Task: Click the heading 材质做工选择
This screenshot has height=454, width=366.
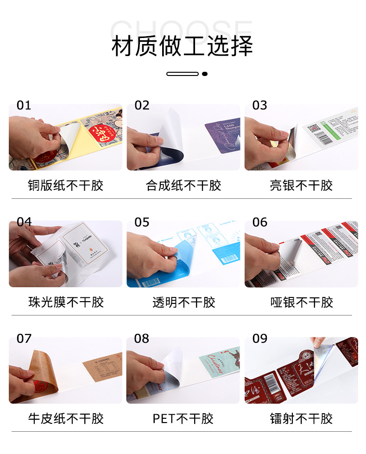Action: [183, 47]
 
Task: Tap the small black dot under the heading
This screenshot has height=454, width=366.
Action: [205, 74]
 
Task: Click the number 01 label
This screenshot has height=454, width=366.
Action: [24, 106]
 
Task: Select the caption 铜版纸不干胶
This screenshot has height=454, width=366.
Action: [65, 186]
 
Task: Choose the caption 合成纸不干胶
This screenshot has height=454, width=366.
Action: [183, 186]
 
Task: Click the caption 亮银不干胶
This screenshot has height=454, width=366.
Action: [301, 186]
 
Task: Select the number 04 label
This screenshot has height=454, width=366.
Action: [24, 222]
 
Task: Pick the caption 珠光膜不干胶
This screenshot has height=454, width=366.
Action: [65, 303]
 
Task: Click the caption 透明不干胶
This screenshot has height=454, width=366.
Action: [183, 303]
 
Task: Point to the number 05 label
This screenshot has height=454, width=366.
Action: [142, 222]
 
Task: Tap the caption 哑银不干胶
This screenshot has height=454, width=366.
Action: [301, 303]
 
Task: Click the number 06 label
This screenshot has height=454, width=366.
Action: [259, 222]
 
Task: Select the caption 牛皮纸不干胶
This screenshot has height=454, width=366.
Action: [65, 419]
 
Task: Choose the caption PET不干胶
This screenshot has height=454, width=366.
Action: [183, 419]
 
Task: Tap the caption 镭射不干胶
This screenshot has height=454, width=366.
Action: [301, 419]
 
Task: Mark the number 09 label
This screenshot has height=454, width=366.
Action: [259, 339]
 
